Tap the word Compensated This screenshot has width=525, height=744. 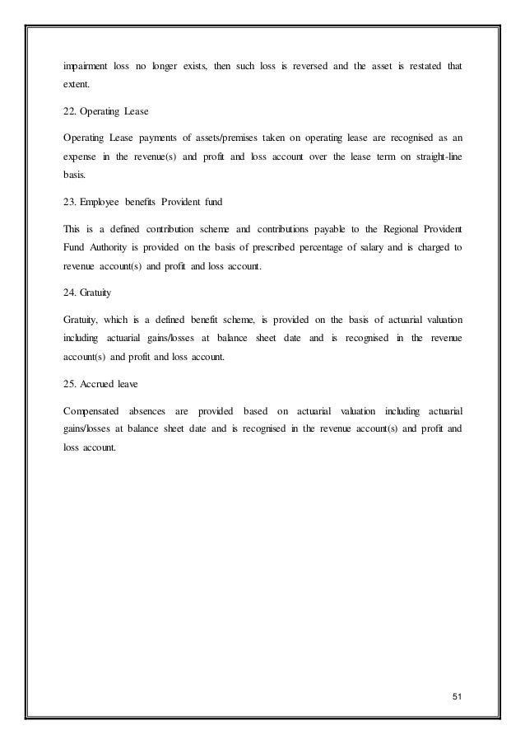pyautogui.click(x=93, y=408)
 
